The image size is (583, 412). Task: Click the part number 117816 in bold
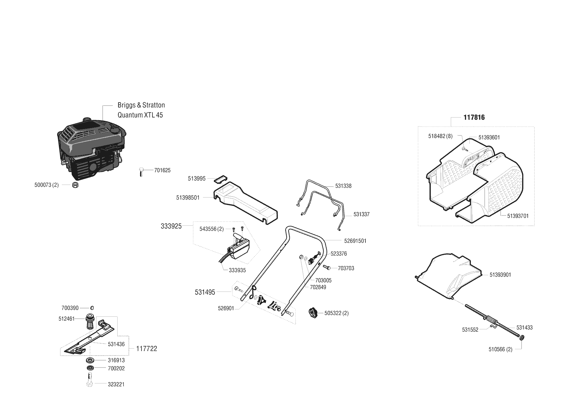point(474,118)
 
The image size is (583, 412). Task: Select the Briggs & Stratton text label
point(141,105)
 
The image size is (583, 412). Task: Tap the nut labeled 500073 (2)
point(75,185)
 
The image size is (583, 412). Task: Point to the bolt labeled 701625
point(141,172)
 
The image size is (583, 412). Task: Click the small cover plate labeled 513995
point(220,179)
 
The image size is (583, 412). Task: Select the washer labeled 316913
point(90,360)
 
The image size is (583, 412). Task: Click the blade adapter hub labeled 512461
point(90,321)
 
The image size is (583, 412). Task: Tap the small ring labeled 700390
point(92,308)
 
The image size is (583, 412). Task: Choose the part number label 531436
point(116,344)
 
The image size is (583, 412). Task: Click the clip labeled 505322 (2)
point(313,313)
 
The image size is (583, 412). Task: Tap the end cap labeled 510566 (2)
point(521,338)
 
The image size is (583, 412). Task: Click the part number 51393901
point(500,275)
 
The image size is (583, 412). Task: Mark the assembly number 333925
point(171,226)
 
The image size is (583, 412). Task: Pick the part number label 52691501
point(355,241)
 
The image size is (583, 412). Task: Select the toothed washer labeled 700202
point(90,368)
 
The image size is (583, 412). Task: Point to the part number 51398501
point(188,198)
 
